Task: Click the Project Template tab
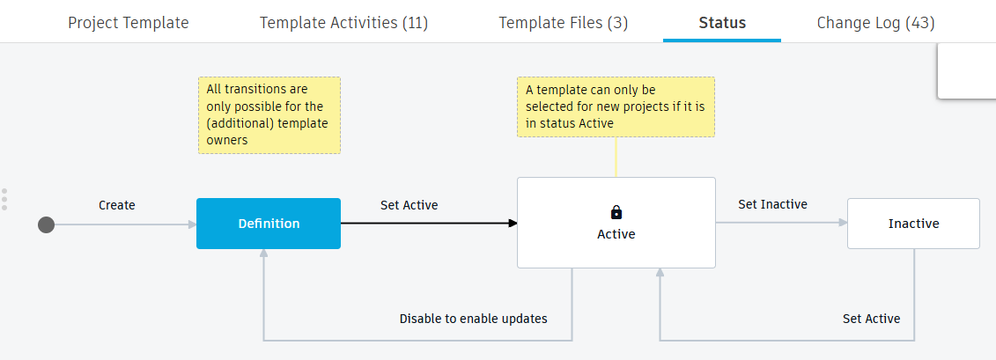tap(128, 23)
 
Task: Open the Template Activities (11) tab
tap(343, 23)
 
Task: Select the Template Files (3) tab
tap(563, 23)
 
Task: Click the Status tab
tap(722, 23)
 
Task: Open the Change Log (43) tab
tap(875, 23)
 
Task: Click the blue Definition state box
tap(269, 224)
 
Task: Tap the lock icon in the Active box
tap(616, 212)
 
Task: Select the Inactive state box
tap(913, 224)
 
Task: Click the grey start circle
tap(47, 224)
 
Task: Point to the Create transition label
tap(117, 205)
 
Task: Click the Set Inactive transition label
tap(772, 204)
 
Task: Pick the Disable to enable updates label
tap(473, 319)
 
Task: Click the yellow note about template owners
tap(269, 115)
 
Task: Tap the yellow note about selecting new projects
tap(616, 107)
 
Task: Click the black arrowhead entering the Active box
tap(512, 224)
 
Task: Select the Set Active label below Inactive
tap(871, 319)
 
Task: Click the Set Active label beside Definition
tap(409, 205)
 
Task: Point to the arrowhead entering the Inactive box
tap(842, 224)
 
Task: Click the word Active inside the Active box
tap(616, 234)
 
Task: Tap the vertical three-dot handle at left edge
tap(4, 199)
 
